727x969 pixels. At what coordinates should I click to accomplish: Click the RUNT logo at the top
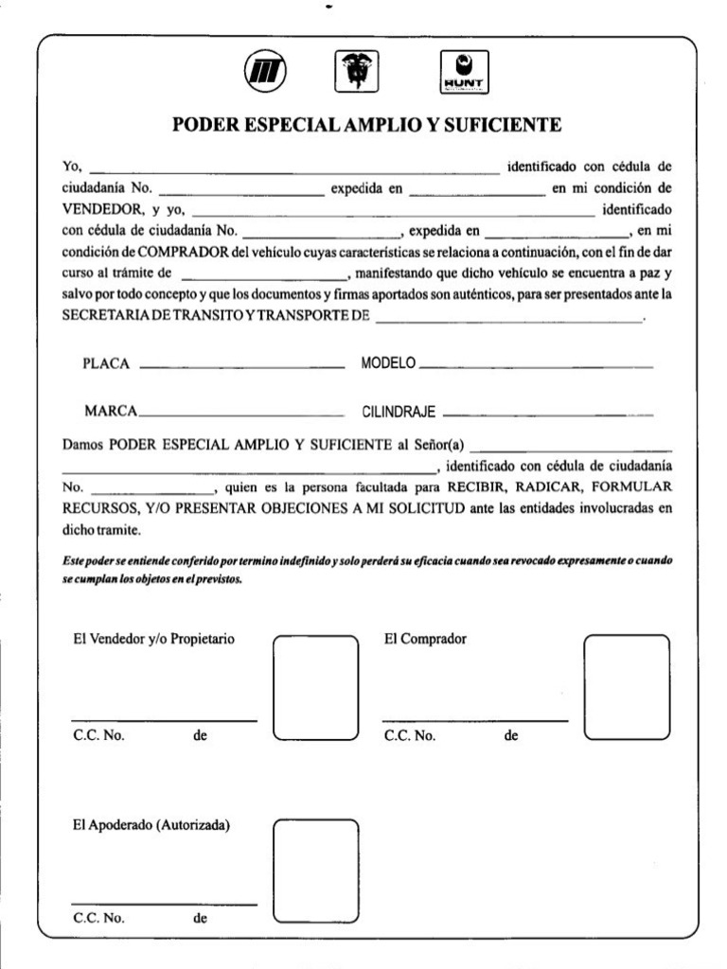tap(465, 72)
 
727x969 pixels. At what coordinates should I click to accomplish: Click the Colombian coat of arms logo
tap(356, 72)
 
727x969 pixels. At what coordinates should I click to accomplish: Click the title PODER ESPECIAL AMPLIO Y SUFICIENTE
tap(366, 125)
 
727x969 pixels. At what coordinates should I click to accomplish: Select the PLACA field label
tap(105, 363)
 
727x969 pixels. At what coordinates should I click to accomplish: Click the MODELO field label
tap(389, 363)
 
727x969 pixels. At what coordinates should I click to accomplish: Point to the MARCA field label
tap(111, 412)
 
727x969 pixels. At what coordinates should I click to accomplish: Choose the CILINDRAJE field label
tap(399, 413)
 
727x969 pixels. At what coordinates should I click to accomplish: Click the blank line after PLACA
tap(241, 366)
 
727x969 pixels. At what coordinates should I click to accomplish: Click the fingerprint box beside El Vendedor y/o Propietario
tap(316, 688)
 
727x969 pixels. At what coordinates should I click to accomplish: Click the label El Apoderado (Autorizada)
tap(151, 825)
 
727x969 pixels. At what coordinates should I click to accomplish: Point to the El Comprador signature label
tap(425, 639)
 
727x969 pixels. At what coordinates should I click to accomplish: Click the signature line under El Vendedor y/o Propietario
tap(164, 721)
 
